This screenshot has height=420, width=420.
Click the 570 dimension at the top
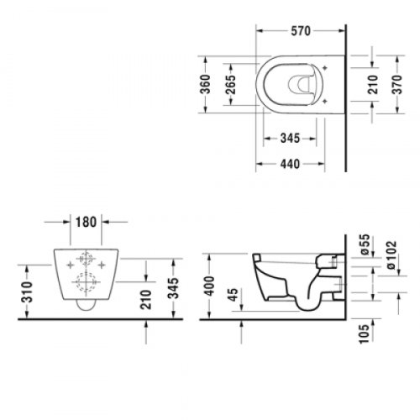tap(300, 31)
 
